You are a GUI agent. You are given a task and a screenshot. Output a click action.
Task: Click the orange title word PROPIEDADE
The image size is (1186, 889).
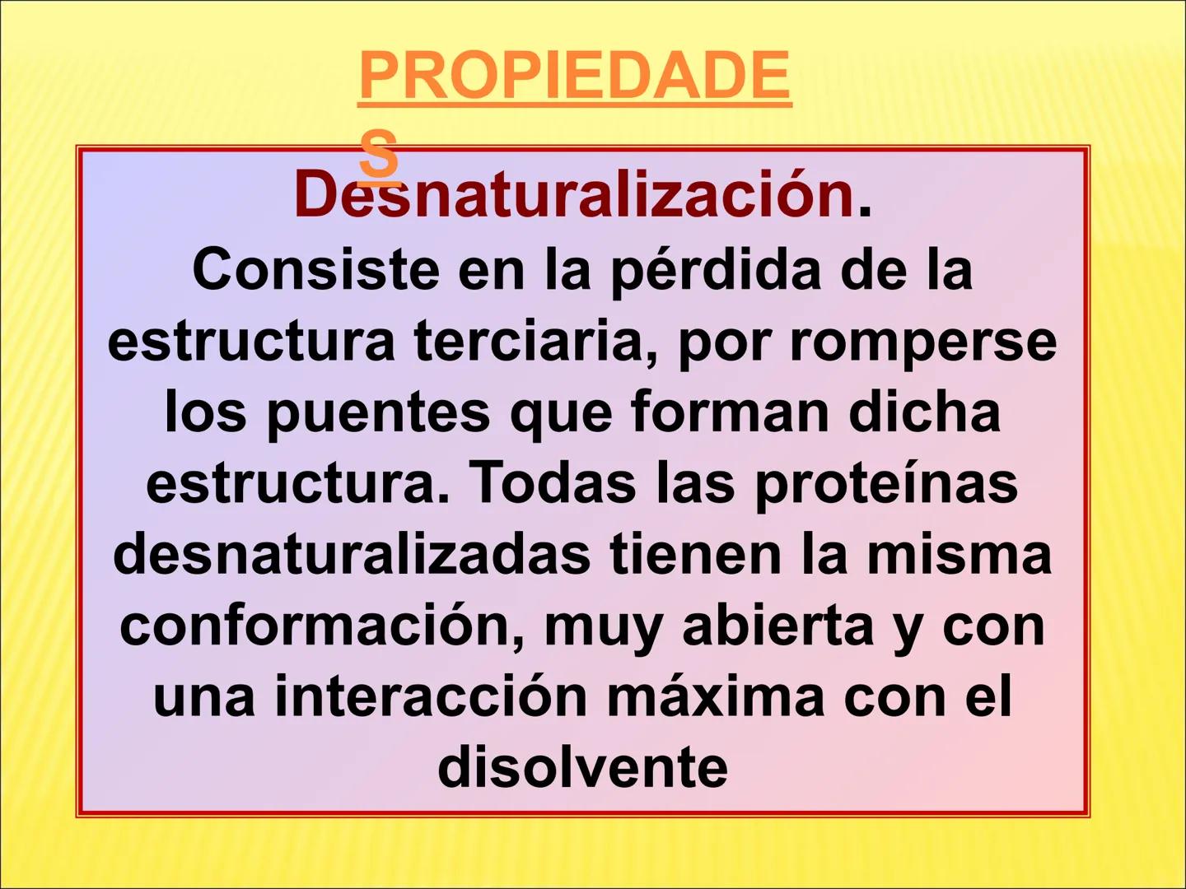pos(574,77)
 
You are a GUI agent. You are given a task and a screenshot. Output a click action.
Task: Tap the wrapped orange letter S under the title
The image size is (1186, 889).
pos(379,154)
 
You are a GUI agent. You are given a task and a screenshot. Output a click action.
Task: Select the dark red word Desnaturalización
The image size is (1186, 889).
pos(574,195)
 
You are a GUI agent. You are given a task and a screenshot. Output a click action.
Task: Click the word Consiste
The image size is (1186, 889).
pos(315,270)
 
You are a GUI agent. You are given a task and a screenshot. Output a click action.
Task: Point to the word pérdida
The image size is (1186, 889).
pos(715,270)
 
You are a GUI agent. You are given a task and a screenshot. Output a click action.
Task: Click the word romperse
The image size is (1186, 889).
pos(922,341)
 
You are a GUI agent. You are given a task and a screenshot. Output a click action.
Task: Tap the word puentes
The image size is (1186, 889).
pos(377,412)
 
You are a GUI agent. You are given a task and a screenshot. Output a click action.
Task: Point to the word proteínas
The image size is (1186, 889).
pos(886,483)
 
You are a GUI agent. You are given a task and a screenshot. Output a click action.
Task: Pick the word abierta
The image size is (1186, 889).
pos(778,626)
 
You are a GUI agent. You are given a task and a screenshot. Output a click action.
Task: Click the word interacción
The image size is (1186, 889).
pos(431,697)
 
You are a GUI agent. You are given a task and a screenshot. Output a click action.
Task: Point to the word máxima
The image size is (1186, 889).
pos(715,697)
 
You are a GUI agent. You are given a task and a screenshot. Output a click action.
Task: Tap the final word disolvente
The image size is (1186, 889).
pos(582,768)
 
